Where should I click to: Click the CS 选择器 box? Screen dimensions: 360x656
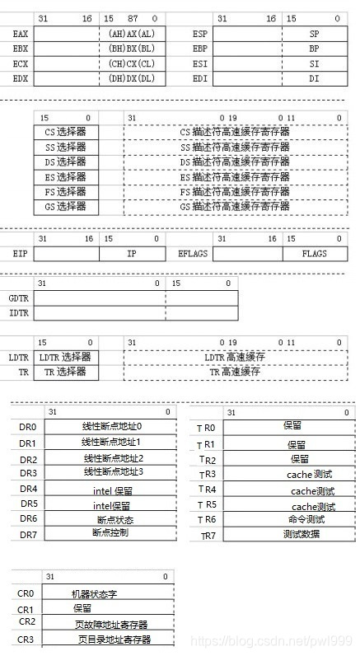pos(65,132)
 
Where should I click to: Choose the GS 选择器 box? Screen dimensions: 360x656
pos(65,206)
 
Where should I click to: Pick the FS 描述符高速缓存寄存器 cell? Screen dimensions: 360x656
pos(234,191)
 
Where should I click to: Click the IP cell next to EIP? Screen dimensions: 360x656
pos(132,254)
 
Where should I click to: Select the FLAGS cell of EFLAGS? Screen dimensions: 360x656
pos(314,254)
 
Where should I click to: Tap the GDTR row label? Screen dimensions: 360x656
pos(19,298)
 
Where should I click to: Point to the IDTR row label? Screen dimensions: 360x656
pos(19,313)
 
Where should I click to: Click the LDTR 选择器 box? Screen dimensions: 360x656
pos(65,357)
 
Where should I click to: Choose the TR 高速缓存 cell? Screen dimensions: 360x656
pos(234,372)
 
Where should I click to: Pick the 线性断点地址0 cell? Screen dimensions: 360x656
pos(112,426)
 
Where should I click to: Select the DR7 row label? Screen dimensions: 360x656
pos(29,535)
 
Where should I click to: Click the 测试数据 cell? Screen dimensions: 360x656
pos(304,534)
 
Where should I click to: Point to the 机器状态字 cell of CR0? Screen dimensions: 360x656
pos(98,593)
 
